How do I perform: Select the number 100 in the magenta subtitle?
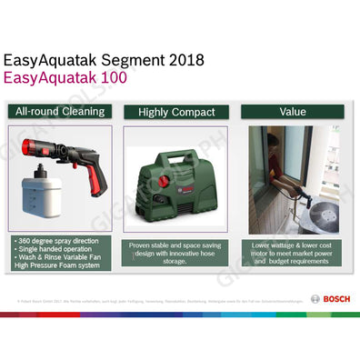pyautogui.click(x=109, y=79)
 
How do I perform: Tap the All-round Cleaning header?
pyautogui.click(x=60, y=112)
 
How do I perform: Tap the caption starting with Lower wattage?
pyautogui.click(x=293, y=245)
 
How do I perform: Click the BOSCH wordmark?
pyautogui.click(x=333, y=298)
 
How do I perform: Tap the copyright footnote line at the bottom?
pyautogui.click(x=136, y=298)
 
